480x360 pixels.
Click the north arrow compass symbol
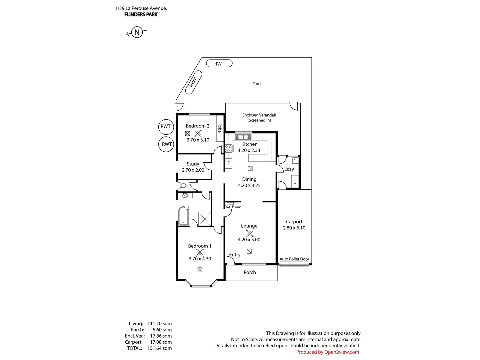(137, 32)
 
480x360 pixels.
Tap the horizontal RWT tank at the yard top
(219, 64)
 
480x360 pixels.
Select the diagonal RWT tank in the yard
(193, 82)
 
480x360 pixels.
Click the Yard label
(256, 84)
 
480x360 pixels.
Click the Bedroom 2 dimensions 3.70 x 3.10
(198, 140)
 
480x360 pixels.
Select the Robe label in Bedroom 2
(220, 128)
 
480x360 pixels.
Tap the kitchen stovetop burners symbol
(228, 148)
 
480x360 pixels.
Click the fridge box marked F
(228, 163)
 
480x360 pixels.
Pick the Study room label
(193, 164)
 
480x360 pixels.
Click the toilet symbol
(182, 186)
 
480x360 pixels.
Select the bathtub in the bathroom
(183, 216)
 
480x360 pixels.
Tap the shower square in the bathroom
(205, 219)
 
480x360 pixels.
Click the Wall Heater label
(233, 207)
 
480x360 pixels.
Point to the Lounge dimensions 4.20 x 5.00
(249, 240)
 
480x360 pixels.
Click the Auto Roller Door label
(294, 259)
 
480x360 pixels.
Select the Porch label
(250, 272)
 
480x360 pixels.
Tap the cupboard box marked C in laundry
(295, 182)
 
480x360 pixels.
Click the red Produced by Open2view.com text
(327, 352)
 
